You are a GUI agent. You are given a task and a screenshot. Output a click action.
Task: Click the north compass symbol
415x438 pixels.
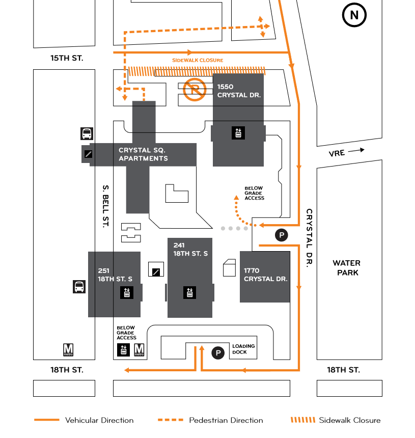[354, 15]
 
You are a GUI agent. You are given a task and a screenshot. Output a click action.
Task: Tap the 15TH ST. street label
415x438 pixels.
[67, 58]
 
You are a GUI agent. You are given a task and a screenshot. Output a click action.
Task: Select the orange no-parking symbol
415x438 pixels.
[194, 90]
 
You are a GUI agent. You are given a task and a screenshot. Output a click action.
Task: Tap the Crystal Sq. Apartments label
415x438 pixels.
[143, 154]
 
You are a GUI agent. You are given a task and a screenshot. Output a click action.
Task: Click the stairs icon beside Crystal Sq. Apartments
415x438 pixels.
[88, 154]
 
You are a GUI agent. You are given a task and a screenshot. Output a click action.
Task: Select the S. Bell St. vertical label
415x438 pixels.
[105, 206]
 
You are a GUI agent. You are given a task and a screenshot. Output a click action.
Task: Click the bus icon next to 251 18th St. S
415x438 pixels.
[79, 287]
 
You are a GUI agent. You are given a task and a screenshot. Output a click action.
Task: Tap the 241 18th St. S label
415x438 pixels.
[190, 249]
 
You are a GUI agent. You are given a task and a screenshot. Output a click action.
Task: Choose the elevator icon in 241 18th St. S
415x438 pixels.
[190, 292]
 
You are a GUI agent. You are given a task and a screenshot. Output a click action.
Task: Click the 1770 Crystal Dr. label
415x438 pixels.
[265, 275]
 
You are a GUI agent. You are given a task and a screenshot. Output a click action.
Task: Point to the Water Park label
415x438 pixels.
[346, 267]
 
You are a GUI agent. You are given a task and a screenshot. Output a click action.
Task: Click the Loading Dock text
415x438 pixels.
[243, 349]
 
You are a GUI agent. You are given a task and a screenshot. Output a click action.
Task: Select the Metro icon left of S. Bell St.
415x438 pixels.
[68, 350]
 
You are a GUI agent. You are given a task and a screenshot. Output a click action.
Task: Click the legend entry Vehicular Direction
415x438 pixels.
[99, 420]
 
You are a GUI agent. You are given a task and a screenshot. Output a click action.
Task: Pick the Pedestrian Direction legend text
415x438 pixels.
[226, 420]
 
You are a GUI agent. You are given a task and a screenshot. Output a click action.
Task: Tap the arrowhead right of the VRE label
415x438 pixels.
[362, 150]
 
